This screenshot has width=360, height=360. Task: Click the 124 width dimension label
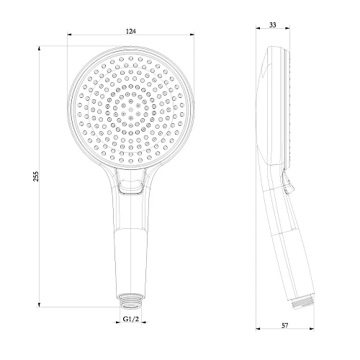[130, 31]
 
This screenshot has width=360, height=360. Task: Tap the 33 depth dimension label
[271, 24]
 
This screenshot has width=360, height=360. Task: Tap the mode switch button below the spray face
[132, 189]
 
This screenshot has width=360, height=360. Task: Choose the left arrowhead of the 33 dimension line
[259, 30]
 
